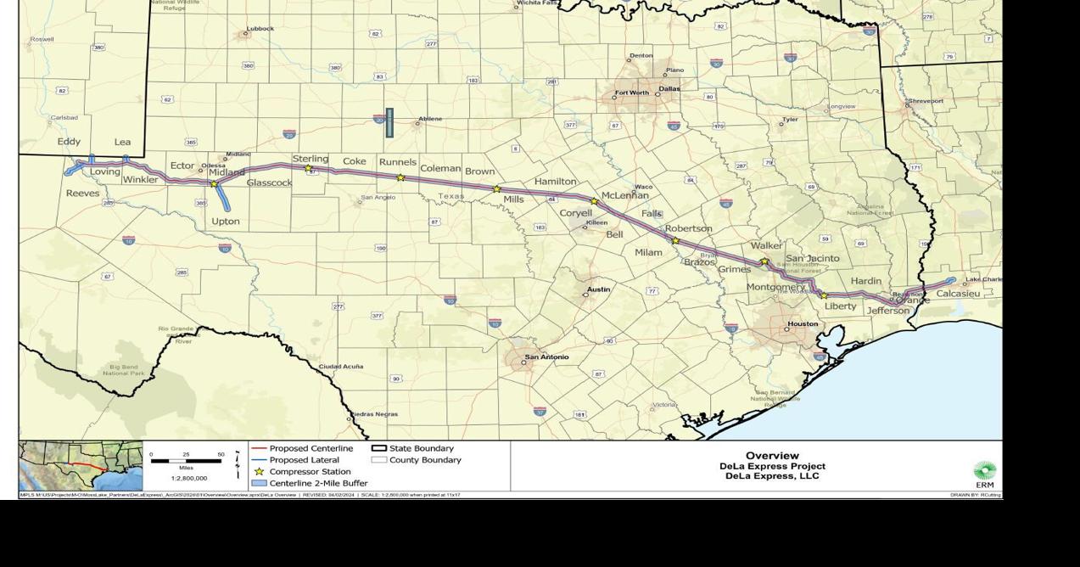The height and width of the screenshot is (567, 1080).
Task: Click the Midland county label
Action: [227, 172]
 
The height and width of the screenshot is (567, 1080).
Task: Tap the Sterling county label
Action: [311, 159]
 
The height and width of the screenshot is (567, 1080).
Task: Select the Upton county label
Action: [226, 222]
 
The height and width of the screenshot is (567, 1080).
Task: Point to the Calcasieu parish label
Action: [958, 294]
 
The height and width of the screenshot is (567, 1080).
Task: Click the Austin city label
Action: [599, 289]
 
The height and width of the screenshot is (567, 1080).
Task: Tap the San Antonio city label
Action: [546, 356]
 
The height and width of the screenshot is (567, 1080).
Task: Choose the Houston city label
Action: [803, 323]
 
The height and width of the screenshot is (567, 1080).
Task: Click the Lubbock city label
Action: [260, 28]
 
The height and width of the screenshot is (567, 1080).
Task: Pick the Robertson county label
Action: [688, 228]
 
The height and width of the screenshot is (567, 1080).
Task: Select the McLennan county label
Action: [625, 195]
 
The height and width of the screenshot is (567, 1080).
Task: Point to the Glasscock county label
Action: [270, 182]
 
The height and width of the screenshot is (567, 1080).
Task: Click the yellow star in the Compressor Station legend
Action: [259, 471]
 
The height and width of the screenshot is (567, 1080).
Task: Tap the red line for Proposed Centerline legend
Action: [259, 448]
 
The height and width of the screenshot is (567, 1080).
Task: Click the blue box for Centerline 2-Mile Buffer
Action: [259, 483]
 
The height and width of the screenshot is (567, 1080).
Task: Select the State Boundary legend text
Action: [422, 448]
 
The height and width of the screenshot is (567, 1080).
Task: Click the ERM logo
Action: [984, 473]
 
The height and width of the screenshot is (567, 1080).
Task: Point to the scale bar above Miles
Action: [186, 460]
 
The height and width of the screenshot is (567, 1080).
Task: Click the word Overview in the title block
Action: [772, 456]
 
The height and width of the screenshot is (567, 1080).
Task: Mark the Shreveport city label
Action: [926, 101]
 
